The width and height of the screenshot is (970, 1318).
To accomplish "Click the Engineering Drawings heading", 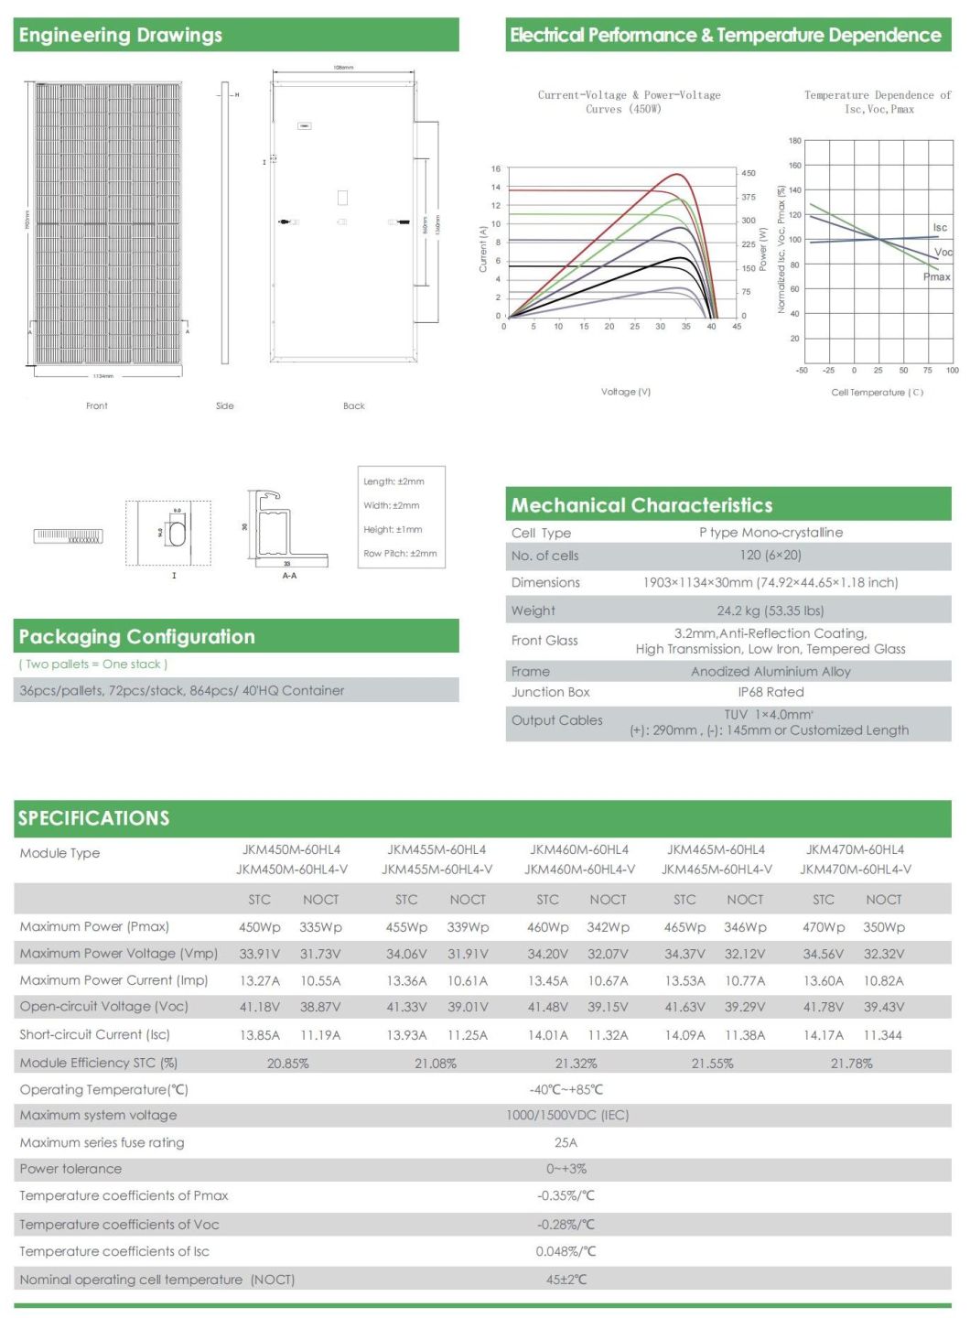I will pos(120,36).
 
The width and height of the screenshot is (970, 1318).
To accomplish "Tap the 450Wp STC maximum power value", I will pos(259,927).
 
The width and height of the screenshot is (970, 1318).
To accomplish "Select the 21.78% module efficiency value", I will pos(851,1064).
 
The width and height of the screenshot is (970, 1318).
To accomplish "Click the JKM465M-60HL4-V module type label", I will pos(717,870).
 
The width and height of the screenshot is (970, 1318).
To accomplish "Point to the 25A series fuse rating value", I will pos(566,1142).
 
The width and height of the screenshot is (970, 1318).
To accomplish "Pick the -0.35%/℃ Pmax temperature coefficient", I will pos(566,1195).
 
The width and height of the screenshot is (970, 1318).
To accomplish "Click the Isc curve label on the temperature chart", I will pos(940,228).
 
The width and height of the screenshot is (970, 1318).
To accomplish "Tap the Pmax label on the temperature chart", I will pos(936,276).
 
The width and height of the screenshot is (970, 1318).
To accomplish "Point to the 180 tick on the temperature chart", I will pos(794,141).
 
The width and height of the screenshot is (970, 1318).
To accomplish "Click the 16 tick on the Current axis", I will pos(496,169).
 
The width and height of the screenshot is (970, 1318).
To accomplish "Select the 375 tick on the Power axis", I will pos(749,197).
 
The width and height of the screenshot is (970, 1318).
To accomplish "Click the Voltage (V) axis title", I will pos(626,392).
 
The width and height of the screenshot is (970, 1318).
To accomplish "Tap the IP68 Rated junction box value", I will pos(771,692).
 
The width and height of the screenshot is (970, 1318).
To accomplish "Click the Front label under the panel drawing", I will pos(97,405).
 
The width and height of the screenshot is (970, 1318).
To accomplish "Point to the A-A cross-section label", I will pos(289,576).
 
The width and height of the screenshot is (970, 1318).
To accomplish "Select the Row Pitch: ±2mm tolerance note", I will pos(400,554).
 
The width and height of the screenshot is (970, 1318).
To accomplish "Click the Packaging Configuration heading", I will pos(136,637).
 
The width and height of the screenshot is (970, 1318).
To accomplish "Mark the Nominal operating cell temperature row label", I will pos(156,1280).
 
